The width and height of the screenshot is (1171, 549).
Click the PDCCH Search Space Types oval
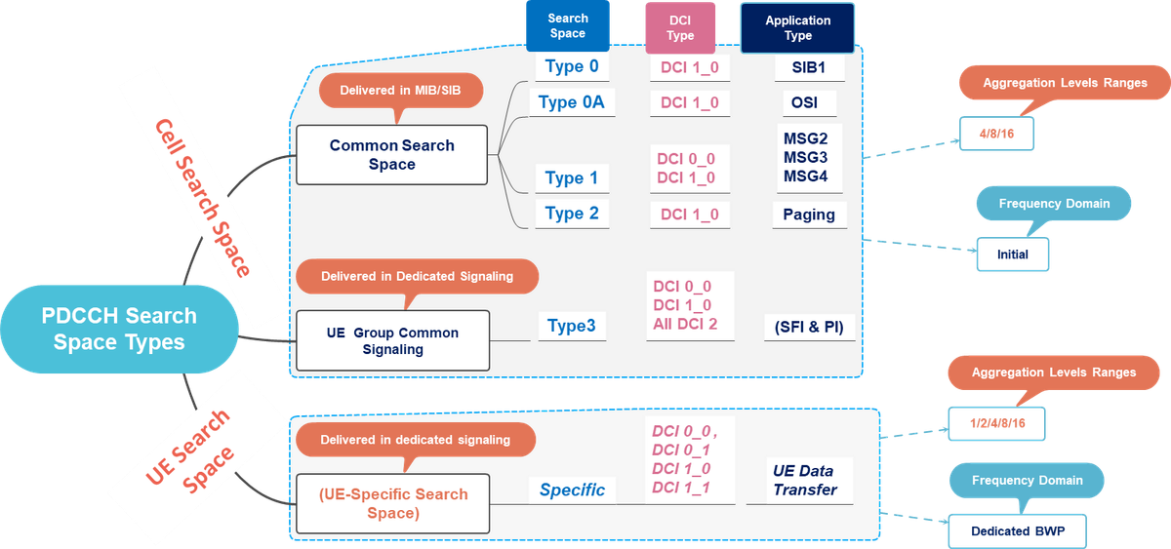(x=118, y=330)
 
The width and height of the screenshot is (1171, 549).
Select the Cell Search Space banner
(x=204, y=195)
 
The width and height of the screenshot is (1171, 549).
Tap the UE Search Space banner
(x=189, y=449)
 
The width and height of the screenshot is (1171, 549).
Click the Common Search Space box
(x=391, y=155)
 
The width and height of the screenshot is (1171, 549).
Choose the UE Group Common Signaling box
(x=392, y=340)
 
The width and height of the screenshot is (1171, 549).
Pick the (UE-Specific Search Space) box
(x=391, y=503)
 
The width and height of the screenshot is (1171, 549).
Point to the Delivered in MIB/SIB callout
(x=401, y=91)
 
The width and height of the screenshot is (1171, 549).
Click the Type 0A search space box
(x=573, y=102)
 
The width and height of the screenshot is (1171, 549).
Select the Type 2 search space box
(x=572, y=214)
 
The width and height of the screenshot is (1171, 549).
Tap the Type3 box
(x=572, y=326)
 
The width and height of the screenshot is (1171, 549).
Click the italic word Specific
(x=573, y=490)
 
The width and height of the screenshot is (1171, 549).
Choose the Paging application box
(x=809, y=215)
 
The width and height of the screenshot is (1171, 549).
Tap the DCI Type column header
(x=680, y=28)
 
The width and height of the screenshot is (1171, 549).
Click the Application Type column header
(x=797, y=28)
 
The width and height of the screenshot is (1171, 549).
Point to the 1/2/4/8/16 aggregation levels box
(x=996, y=422)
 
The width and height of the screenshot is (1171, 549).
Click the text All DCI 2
(x=686, y=324)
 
